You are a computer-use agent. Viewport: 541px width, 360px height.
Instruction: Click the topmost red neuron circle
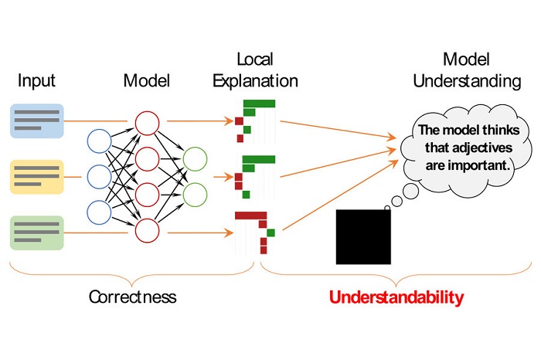147,123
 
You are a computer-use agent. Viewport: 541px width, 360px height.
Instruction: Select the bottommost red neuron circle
147,230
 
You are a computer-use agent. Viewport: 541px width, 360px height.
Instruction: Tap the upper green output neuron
195,159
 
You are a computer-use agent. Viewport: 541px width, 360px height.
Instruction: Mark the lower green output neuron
195,193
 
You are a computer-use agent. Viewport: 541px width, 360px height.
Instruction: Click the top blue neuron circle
99,141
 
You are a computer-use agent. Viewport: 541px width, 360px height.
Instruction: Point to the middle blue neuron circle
99,177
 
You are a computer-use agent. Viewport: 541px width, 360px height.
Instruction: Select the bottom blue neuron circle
99,212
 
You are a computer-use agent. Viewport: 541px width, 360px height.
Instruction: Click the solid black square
363,237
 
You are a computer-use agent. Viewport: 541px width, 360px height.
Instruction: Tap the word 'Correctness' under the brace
132,297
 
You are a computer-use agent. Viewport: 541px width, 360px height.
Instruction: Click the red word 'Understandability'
396,297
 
